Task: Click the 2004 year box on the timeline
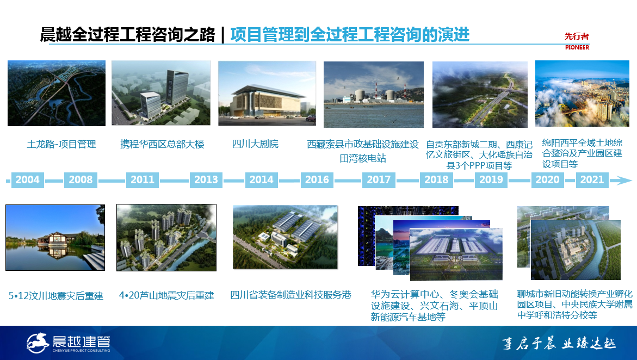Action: (27, 179)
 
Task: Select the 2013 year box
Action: (206, 179)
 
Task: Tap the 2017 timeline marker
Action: (379, 179)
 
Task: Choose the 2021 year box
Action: (592, 179)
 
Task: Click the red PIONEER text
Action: (577, 47)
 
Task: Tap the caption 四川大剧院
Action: (255, 144)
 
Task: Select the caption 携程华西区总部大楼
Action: (162, 144)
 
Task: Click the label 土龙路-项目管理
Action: (61, 144)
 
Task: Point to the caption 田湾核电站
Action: (363, 158)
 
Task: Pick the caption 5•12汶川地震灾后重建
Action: (56, 296)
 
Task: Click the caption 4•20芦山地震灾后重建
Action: (166, 295)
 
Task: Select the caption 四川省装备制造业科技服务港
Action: (290, 295)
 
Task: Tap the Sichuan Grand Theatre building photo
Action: (267, 93)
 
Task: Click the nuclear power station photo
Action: (373, 94)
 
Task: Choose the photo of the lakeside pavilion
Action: (55, 238)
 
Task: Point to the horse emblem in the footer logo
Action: (38, 343)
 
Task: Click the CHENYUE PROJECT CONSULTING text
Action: (81, 350)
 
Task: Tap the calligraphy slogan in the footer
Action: (559, 344)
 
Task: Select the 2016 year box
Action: (317, 179)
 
